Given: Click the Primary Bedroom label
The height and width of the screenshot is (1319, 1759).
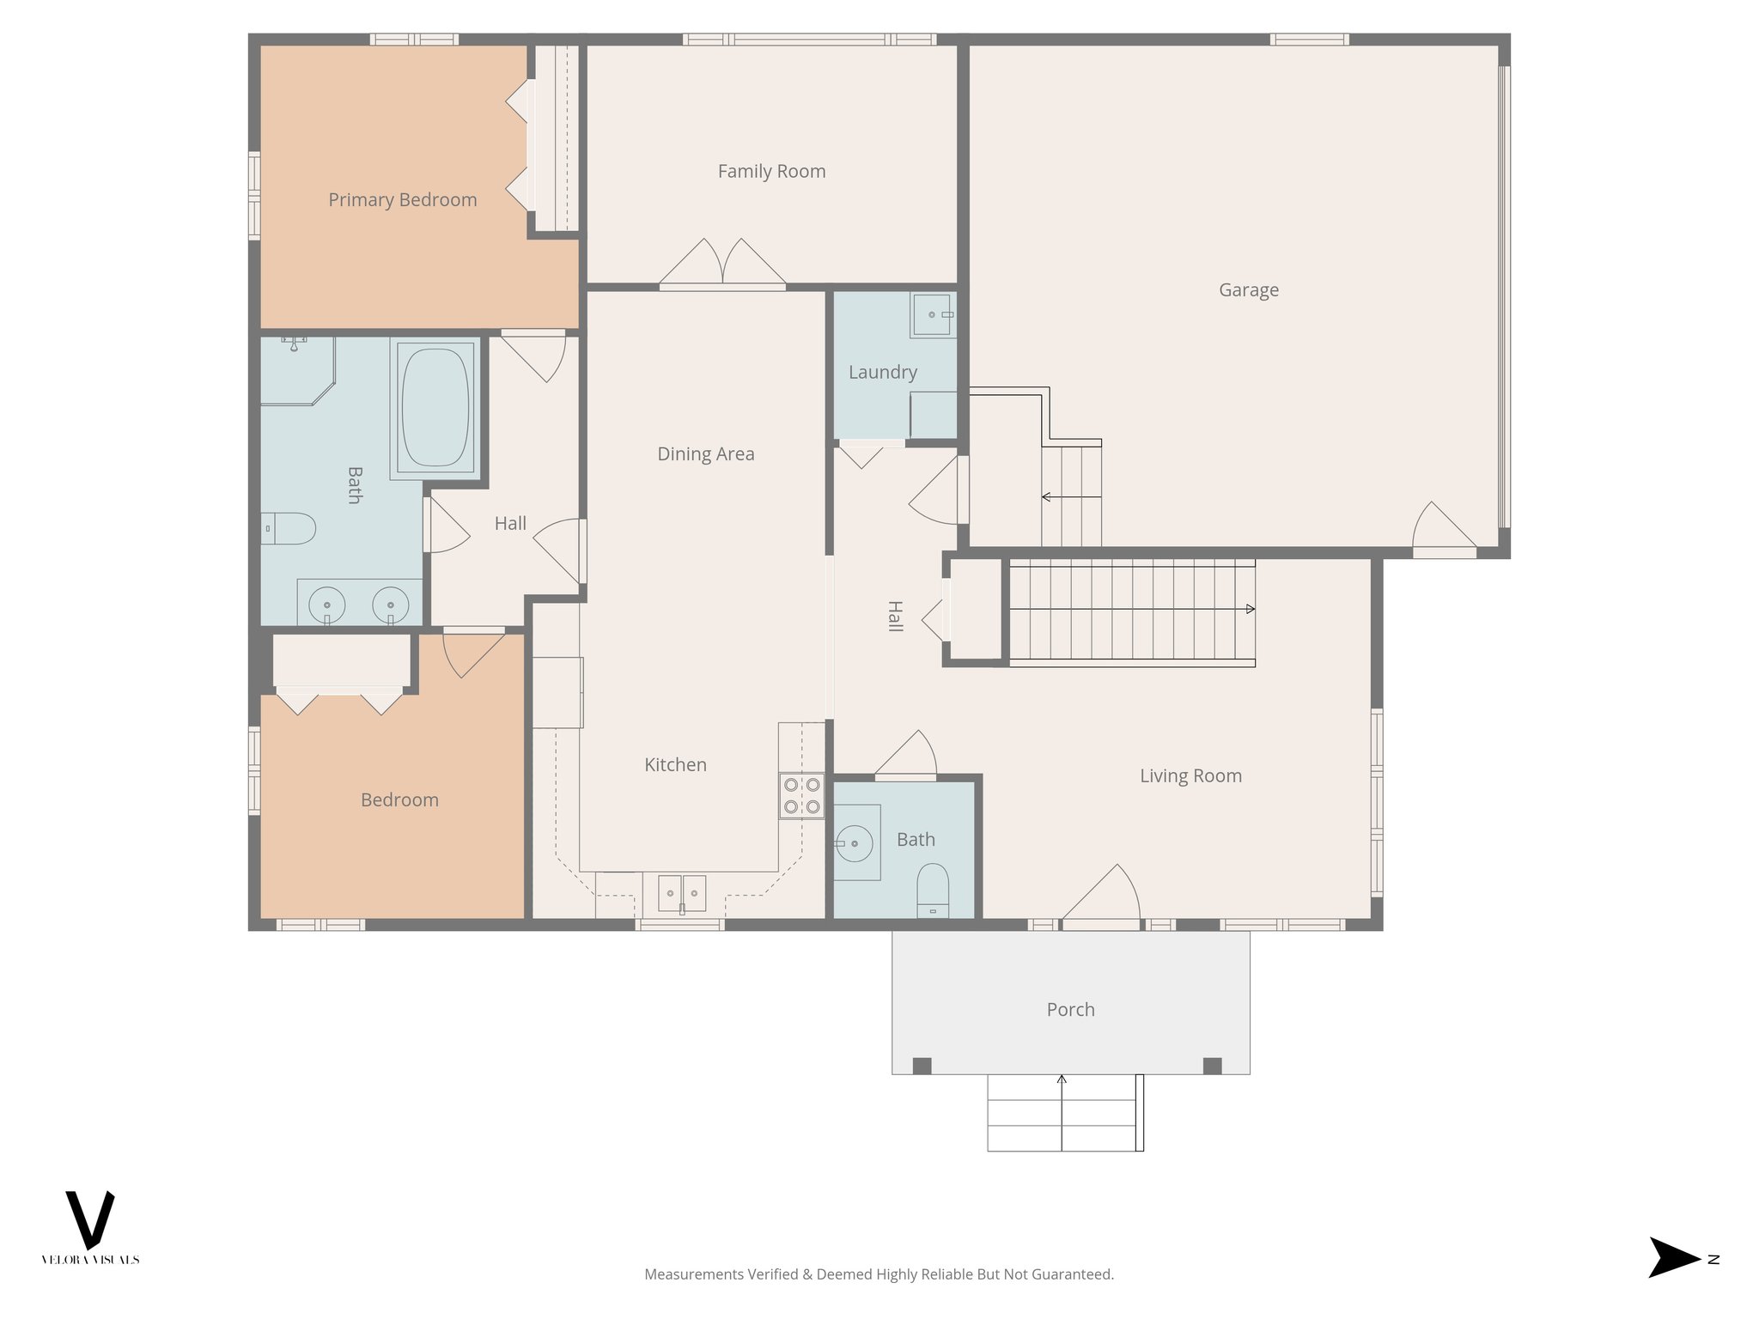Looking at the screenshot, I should [x=402, y=200].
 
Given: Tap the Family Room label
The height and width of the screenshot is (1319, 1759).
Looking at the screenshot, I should [x=771, y=172].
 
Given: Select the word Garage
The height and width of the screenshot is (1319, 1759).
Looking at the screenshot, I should [x=1248, y=290].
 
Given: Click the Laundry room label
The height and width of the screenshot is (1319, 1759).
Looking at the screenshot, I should [x=882, y=373].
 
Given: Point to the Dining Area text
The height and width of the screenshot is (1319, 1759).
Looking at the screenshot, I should [x=705, y=454].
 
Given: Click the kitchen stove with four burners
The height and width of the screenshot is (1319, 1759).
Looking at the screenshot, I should [x=801, y=796].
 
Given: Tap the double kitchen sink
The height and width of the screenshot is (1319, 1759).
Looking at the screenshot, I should [x=682, y=893].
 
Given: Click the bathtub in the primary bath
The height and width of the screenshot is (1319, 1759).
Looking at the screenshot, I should [x=435, y=407].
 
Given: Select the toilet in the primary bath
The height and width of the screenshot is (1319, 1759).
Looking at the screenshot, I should [x=289, y=529].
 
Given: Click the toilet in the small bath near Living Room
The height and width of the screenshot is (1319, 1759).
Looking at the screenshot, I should [x=933, y=890].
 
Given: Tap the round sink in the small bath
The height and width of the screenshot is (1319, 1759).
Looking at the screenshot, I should [x=854, y=843].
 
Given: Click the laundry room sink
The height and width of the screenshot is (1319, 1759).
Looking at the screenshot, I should [x=933, y=315].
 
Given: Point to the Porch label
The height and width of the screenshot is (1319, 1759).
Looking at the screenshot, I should [x=1070, y=1010].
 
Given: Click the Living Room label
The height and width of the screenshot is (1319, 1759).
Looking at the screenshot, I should [x=1190, y=776].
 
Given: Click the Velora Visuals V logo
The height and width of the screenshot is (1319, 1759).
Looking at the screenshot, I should [x=90, y=1219].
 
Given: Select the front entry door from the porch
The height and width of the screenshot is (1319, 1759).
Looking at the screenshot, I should [x=1102, y=897].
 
